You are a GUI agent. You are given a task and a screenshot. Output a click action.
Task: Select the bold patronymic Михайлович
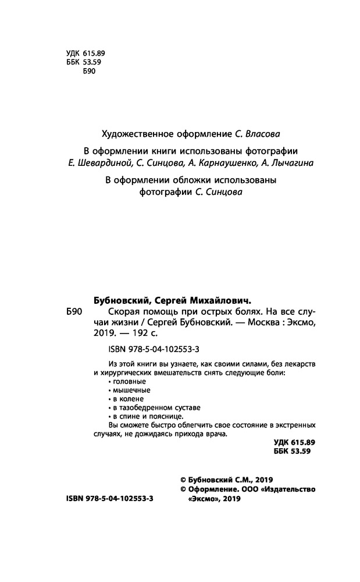(x=220, y=301)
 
